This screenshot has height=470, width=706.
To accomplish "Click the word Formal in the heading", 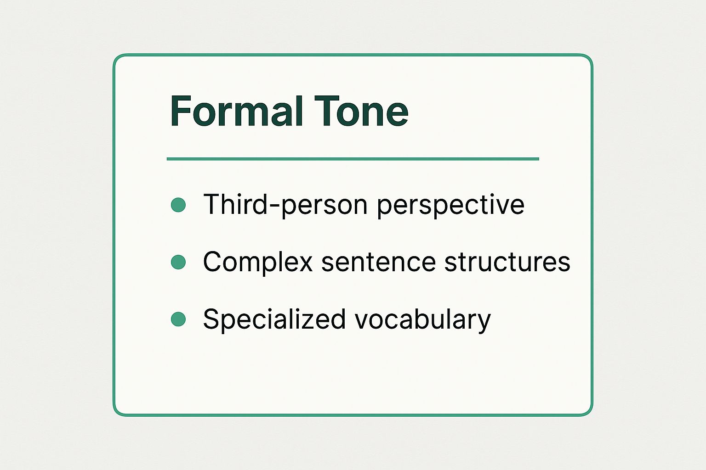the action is pos(236,111).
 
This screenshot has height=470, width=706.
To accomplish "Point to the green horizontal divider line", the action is pos(353,159).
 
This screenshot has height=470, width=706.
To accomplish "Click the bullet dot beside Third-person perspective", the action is pos(178,205).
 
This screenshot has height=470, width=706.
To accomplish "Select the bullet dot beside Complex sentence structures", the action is pos(178,262).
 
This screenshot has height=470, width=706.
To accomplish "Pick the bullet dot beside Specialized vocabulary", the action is pos(178,319).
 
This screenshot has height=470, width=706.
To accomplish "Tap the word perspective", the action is pos(451,205).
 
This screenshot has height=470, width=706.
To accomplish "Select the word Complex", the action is pos(258,262).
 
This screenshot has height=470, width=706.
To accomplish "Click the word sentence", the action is pos(379,262).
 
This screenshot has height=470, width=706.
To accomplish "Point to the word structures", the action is pos(507,262).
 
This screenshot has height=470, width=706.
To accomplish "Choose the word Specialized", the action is pos(274,319).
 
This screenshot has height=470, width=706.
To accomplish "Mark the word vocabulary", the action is pos(423,319).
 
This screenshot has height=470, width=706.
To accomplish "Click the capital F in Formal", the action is pos(181,111).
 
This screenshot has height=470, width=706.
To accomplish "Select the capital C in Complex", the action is pos(213,262).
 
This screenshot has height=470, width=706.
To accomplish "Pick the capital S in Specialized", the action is pos(211,319).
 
